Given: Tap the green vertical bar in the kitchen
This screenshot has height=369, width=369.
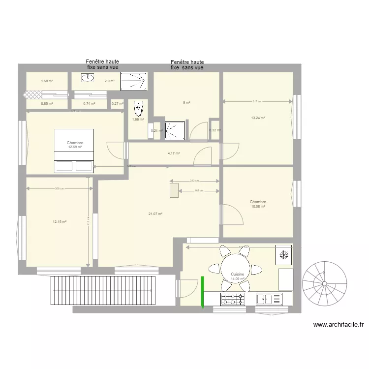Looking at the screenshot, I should [202, 293].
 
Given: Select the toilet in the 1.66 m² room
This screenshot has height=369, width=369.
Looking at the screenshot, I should [139, 107].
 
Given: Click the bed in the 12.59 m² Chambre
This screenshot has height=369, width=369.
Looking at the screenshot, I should [73, 151].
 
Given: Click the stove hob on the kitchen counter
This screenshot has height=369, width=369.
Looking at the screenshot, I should [232, 299].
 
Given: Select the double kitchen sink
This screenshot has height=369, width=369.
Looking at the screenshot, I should [269, 299].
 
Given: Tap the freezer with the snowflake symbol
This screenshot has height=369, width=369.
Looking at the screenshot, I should [284, 255].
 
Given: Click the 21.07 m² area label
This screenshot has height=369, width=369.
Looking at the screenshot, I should [155, 214].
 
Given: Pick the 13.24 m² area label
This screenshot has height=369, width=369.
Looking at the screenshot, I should [258, 118].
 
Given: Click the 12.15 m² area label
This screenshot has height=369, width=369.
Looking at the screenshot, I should [60, 222].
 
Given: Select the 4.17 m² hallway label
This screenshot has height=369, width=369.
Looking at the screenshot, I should [174, 153].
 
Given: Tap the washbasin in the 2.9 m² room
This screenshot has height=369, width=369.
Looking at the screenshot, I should [88, 78].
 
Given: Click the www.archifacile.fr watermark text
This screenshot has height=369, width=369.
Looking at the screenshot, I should [338, 325].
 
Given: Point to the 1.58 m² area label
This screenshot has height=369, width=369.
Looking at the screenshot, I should [47, 81].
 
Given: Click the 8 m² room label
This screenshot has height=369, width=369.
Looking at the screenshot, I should [186, 103].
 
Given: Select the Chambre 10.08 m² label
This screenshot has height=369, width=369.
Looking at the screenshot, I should [258, 204].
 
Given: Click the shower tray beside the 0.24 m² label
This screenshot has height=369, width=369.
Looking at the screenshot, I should [173, 129].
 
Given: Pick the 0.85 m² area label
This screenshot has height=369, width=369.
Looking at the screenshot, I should [47, 103].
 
